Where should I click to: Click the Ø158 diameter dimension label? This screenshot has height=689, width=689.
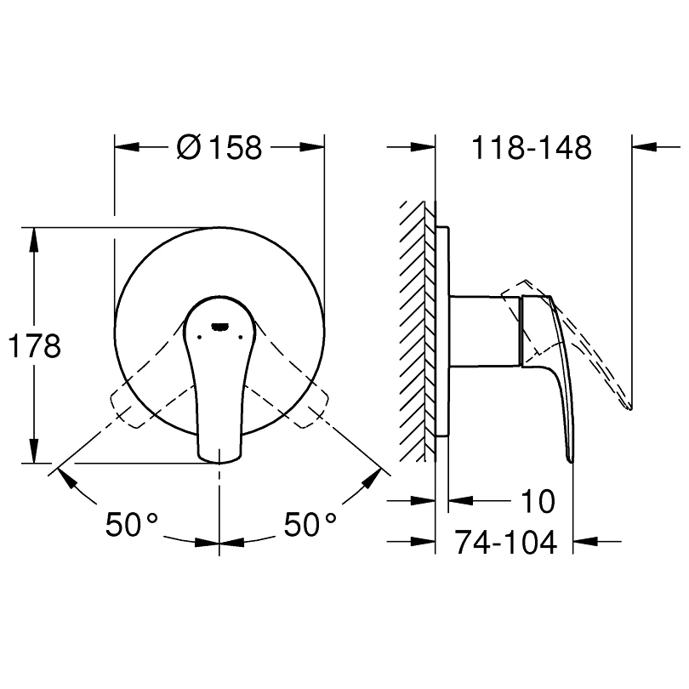pyautogui.click(x=219, y=148)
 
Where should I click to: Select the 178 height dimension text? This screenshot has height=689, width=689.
pyautogui.click(x=33, y=346)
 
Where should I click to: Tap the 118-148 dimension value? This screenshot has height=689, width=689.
pyautogui.click(x=532, y=148)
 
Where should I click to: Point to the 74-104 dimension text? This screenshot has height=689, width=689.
pyautogui.click(x=505, y=541)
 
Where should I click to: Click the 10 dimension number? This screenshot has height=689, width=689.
pyautogui.click(x=536, y=502)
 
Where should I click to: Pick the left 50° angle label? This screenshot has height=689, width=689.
pyautogui.click(x=134, y=524)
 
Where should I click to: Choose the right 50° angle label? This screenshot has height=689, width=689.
pyautogui.click(x=310, y=524)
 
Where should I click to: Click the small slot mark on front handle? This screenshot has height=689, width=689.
pyautogui.click(x=219, y=325)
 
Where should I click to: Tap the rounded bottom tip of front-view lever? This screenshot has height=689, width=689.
pyautogui.click(x=219, y=460)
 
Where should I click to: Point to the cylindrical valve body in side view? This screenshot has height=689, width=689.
pyautogui.click(x=483, y=331)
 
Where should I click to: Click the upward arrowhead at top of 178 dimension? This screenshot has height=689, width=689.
pyautogui.click(x=34, y=237)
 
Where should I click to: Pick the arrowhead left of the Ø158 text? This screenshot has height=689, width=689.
pyautogui.click(x=128, y=147)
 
